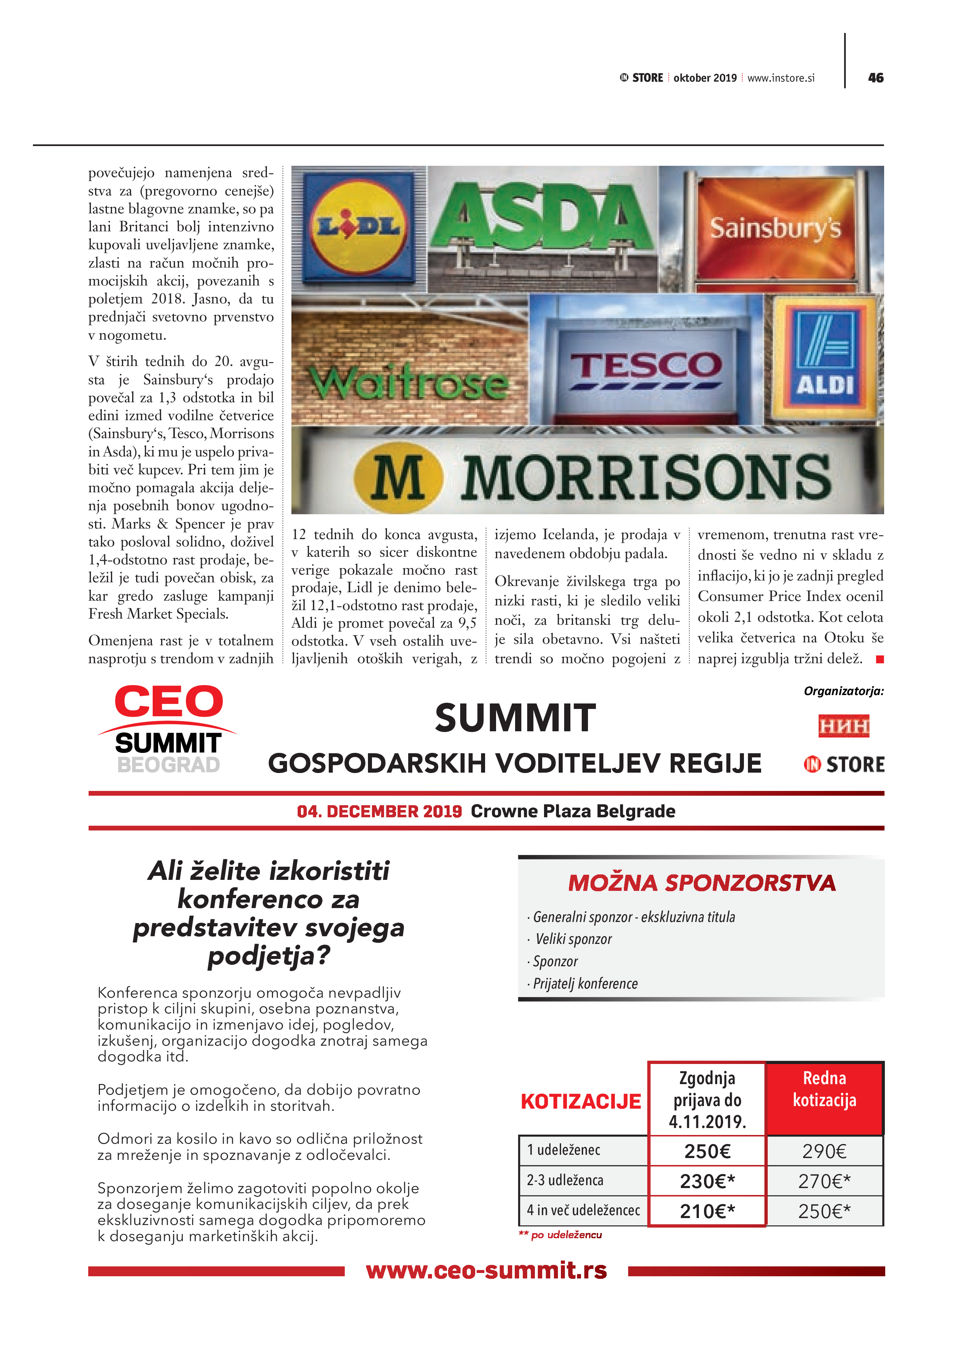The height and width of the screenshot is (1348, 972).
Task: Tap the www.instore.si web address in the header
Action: (781, 78)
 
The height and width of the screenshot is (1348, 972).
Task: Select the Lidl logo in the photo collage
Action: (358, 227)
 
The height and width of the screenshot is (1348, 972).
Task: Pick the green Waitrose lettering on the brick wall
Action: (409, 383)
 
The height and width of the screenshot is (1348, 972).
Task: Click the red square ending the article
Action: (880, 659)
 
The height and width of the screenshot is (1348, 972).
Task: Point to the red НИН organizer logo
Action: (843, 726)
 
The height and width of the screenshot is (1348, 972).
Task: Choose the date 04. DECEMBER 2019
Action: (379, 811)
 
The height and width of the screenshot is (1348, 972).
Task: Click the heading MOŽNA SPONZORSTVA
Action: (701, 883)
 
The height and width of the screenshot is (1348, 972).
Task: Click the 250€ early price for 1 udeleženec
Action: (707, 1151)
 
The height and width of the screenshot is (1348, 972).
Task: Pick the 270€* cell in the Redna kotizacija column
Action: (824, 1181)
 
